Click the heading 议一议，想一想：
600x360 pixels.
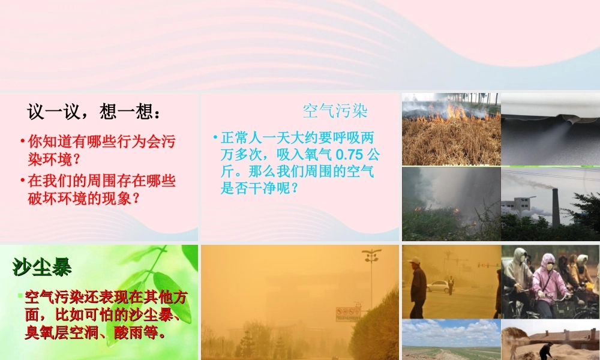(x=94, y=112)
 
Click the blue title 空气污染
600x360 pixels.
(x=335, y=111)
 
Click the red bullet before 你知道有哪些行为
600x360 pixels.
(x=23, y=142)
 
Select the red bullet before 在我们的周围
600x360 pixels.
(x=23, y=180)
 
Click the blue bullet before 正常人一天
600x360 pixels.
(x=215, y=137)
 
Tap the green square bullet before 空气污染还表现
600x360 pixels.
(x=20, y=295)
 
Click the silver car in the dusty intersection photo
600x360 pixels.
(x=440, y=286)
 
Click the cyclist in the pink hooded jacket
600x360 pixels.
(x=545, y=279)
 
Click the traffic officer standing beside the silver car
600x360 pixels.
(x=451, y=284)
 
